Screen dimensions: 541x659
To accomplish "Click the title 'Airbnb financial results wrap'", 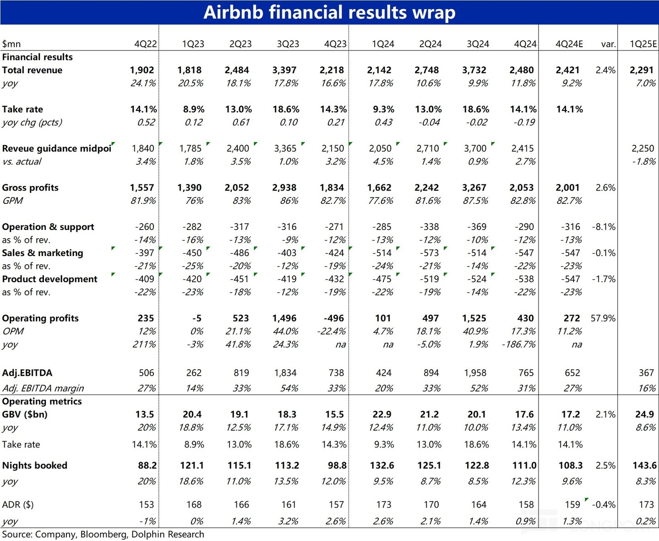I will click(x=329, y=12).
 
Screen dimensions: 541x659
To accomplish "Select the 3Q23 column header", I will click(x=288, y=44).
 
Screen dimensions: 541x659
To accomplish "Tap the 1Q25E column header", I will click(x=643, y=44).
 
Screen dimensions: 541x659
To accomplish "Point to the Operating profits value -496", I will click(x=334, y=318).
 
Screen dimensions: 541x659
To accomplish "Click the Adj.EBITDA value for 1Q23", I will click(x=194, y=373).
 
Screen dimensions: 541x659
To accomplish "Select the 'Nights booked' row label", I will click(x=35, y=465).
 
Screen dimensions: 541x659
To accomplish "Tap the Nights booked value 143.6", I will click(x=644, y=465).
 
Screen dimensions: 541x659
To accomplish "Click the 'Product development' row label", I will click(x=49, y=279).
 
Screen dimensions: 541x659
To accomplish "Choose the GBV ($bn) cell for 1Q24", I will click(x=381, y=415).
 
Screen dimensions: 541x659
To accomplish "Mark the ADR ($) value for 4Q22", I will click(x=146, y=505).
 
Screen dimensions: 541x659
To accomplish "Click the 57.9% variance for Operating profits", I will click(x=603, y=318).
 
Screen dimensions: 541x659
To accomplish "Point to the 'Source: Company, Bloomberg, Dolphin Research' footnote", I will click(x=103, y=535).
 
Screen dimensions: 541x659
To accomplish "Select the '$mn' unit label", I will click(x=11, y=44).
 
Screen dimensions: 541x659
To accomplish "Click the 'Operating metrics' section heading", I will click(x=42, y=401).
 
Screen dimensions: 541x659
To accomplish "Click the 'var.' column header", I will click(x=608, y=44).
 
